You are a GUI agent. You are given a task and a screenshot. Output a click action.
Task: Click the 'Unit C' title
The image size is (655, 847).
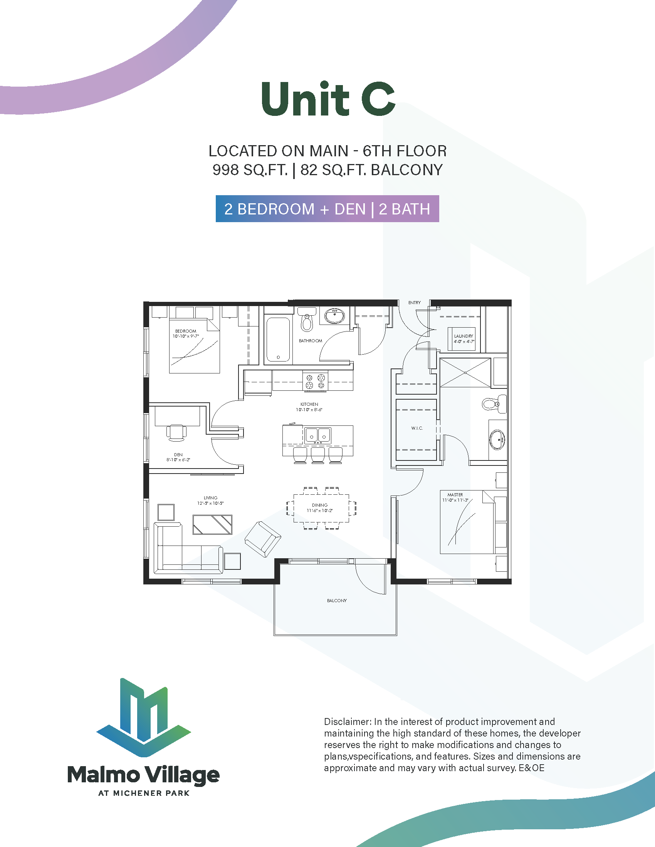pyautogui.click(x=328, y=99)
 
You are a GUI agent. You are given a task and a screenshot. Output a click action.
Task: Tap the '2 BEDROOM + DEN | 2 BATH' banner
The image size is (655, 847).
pyautogui.click(x=327, y=209)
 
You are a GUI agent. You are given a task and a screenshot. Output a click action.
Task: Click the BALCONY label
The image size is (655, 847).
pyautogui.click(x=337, y=601)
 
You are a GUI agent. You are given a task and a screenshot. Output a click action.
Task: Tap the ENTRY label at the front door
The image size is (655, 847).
pyautogui.click(x=415, y=303)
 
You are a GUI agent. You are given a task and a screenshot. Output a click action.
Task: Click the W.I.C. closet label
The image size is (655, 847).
pyautogui.click(x=417, y=428)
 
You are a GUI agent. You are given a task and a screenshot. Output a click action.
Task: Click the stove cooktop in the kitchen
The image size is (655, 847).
pyautogui.click(x=315, y=381)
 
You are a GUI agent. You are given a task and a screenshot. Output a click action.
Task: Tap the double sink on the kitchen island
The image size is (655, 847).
pyautogui.click(x=318, y=435)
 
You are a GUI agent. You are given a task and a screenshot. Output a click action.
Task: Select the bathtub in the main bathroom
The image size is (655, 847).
pyautogui.click(x=278, y=339)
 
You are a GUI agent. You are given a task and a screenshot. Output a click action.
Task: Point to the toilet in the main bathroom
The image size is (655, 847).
pyautogui.click(x=307, y=319)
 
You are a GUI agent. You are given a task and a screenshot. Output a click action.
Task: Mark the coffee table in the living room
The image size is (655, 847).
pyautogui.click(x=212, y=525)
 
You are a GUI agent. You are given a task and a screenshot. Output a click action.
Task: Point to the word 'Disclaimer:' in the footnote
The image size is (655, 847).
pyautogui.click(x=348, y=722)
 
